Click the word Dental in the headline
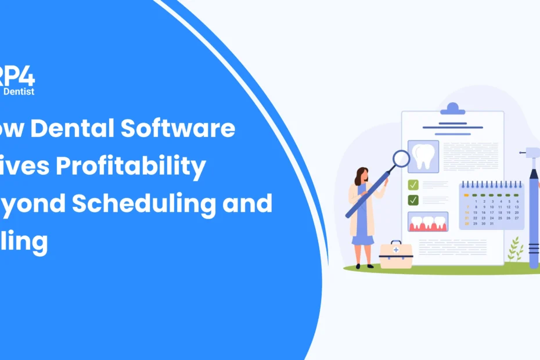[81, 129]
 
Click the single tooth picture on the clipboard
[423, 156]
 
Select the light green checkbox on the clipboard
[413, 185]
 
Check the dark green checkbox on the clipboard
[413, 200]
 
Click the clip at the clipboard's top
[452, 109]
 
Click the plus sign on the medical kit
[397, 250]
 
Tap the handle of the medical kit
[396, 243]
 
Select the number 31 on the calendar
[492, 224]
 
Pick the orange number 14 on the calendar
[467, 213]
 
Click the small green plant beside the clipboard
[514, 251]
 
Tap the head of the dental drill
[530, 152]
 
